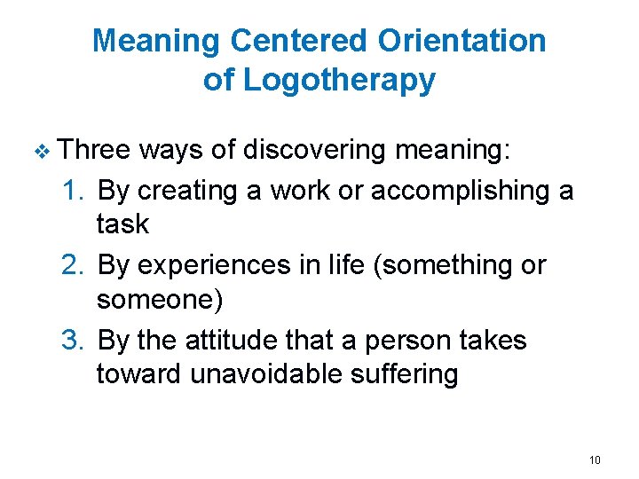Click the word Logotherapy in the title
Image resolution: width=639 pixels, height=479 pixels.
[339, 81]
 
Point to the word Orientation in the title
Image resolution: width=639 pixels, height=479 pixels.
[462, 41]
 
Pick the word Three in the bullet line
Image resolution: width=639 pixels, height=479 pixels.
[95, 149]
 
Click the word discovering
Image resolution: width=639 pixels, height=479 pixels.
[314, 149]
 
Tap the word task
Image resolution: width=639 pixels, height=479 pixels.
[122, 224]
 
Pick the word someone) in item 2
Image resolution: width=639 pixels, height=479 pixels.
[160, 299]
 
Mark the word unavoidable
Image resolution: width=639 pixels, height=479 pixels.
[265, 373]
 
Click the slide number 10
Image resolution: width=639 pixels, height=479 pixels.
[595, 459]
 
